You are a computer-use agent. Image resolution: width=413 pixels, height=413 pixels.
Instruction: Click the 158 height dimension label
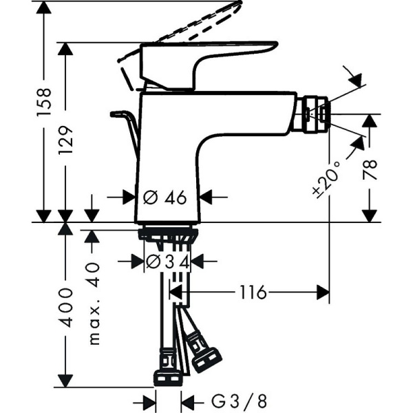click(x=44, y=103)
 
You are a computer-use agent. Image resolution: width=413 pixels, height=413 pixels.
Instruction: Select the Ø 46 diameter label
click(x=166, y=198)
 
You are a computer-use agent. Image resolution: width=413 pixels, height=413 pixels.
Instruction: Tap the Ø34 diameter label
click(x=169, y=261)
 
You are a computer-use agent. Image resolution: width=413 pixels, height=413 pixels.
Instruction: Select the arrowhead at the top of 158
click(x=44, y=6)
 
